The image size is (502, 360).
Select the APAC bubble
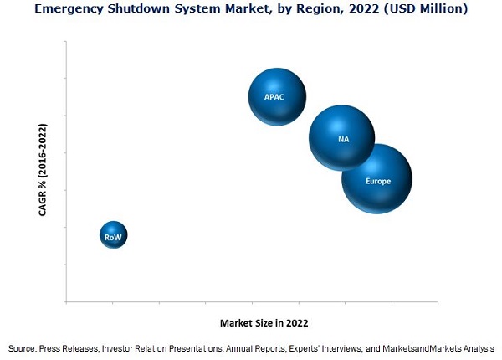pyautogui.click(x=276, y=96)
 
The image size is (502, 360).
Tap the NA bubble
pyautogui.click(x=341, y=137)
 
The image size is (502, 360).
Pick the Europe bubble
pyautogui.click(x=377, y=178)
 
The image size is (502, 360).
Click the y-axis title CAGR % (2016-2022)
pyautogui.click(x=43, y=170)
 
